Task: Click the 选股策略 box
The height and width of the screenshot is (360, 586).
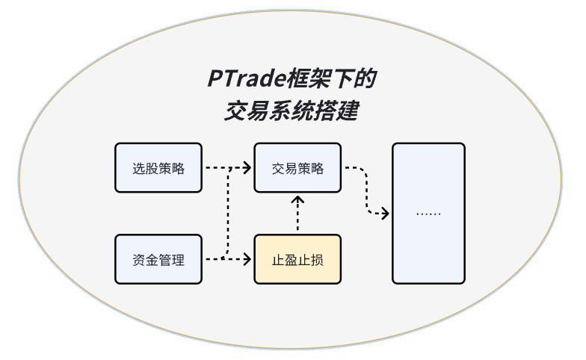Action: (158, 168)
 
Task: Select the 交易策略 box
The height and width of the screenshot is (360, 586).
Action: (297, 168)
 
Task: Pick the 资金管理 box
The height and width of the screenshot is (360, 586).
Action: (158, 259)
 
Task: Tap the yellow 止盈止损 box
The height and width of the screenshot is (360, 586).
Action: (297, 259)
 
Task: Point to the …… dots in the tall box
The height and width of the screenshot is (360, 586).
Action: (428, 214)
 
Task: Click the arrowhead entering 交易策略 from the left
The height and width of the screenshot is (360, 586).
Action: (248, 168)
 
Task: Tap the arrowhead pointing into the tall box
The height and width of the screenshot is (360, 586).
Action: (386, 214)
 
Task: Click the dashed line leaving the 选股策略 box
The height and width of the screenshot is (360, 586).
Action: (217, 168)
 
